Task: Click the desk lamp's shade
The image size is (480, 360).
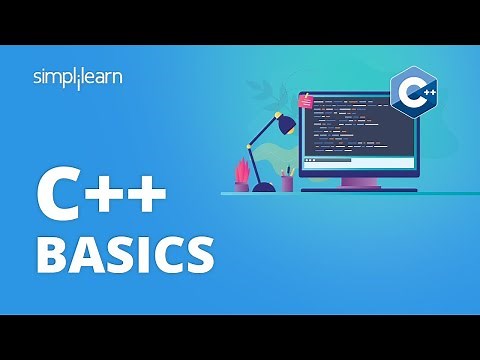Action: [x=285, y=123]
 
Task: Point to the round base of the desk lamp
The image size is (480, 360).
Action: [x=264, y=186]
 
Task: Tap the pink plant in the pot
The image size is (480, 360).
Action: [x=241, y=170]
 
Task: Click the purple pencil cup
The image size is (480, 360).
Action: [x=287, y=183]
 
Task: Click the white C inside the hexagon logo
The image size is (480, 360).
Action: [x=408, y=93]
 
